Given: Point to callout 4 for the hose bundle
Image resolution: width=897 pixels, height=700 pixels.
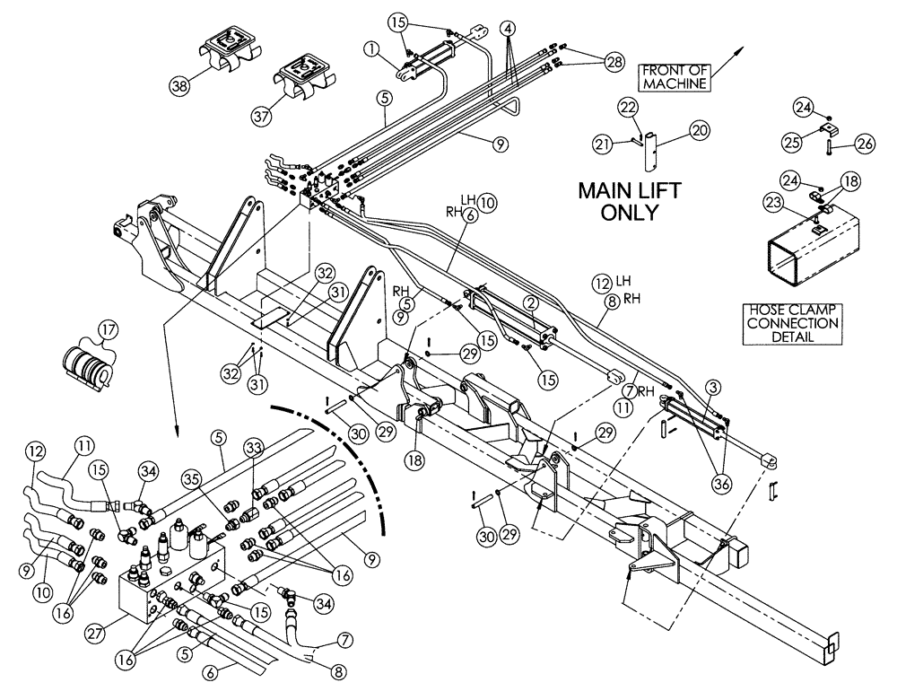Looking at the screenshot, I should coord(508,29).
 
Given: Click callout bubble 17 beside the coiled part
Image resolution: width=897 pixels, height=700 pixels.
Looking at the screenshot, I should coord(109,330).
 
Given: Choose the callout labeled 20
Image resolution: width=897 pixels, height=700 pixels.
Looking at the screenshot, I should coord(700,131).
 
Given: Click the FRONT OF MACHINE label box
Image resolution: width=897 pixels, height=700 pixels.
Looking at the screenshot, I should coord(675,76).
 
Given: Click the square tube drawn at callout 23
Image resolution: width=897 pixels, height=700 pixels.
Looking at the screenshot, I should coord(807,248).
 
